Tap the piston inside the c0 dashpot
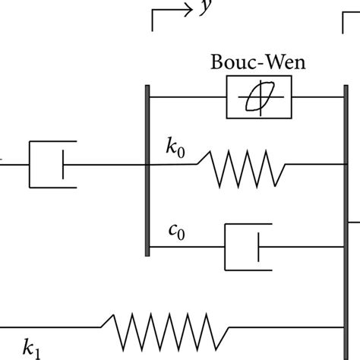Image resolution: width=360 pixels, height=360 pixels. click(x=259, y=246)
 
